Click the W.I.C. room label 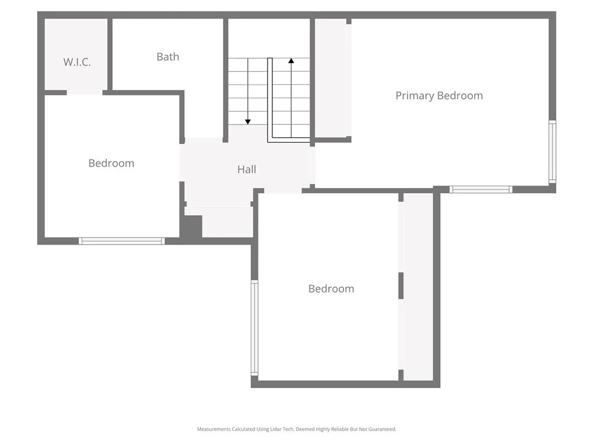(77, 62)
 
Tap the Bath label (168, 57)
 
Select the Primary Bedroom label (439, 96)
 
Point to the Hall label (247, 169)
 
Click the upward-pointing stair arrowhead (291, 60)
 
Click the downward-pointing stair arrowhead (248, 121)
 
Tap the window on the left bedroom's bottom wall (122, 241)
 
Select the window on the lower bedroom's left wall (254, 328)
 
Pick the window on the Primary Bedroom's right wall (552, 152)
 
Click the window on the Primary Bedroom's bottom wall (481, 189)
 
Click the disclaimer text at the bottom (296, 429)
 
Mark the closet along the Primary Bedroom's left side (332, 78)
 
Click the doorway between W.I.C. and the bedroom (85, 92)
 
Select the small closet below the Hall (227, 221)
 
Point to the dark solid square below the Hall (191, 226)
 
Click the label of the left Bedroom (111, 164)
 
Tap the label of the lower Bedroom (331, 289)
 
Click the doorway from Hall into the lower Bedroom (283, 190)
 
